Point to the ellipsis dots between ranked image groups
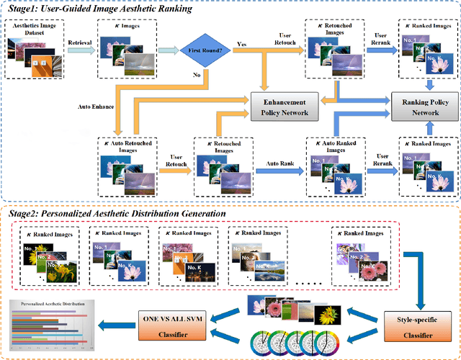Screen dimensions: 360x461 pyautogui.click(x=305, y=283)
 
